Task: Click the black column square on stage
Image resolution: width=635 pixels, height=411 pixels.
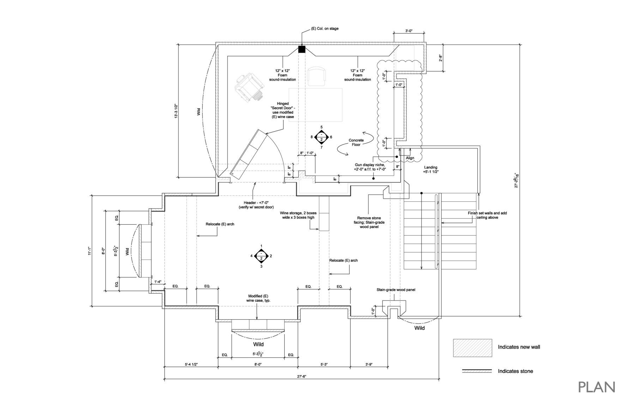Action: coord(302,49)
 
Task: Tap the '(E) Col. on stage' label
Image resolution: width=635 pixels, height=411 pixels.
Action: coord(325,29)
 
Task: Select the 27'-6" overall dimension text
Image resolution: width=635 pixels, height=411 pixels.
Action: coord(301,376)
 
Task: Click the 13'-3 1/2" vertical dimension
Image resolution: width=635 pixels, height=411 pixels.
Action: coord(175,110)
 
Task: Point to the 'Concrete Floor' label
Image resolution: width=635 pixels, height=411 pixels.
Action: coord(356,143)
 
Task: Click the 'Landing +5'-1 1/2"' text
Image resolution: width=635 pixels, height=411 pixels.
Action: coord(430,170)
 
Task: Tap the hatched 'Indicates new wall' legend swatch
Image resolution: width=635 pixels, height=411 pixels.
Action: coord(472,348)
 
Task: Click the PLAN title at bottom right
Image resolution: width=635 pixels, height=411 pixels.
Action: coord(597,387)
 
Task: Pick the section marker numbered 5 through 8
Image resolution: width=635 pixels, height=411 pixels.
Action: coord(321,137)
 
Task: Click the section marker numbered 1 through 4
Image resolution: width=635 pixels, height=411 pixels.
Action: coord(261,256)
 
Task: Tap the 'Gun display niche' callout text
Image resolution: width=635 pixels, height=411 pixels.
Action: coord(370,167)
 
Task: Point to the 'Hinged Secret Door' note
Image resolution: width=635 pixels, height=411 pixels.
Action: coord(282,110)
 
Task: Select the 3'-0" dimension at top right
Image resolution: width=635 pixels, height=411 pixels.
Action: coord(409,31)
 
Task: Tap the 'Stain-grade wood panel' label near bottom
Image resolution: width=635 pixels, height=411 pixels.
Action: coord(395,290)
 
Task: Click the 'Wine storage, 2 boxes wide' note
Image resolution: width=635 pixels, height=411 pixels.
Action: coord(298,215)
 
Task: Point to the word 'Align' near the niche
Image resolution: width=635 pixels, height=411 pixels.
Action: coord(410,158)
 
